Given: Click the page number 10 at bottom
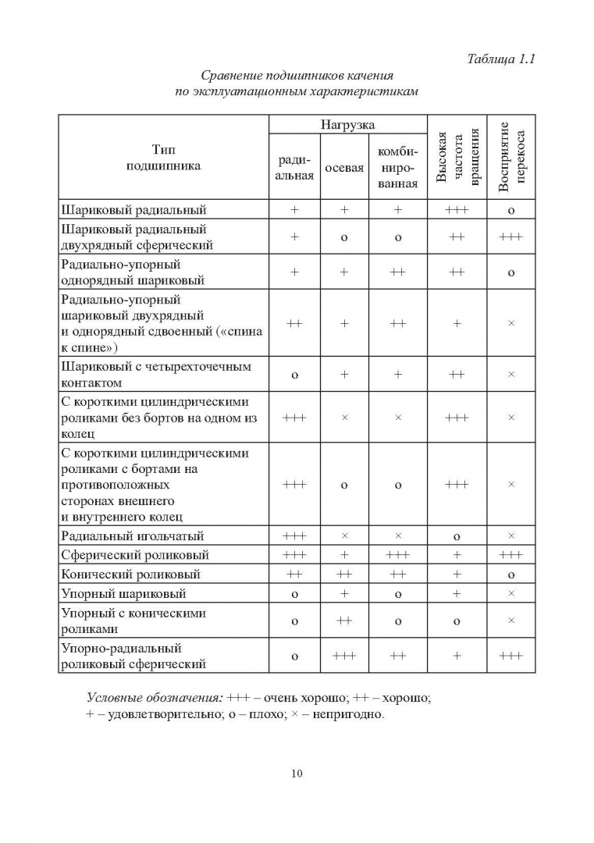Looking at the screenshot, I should pos(297,774).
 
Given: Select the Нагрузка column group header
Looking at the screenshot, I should pos(347,125).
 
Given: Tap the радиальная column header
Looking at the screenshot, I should pos(294,167).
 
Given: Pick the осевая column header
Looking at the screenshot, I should pos(344,168).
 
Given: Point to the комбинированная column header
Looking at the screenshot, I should pos(397,167).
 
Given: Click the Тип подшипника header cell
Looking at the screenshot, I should pos(164,158).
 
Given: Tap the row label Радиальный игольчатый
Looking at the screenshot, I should pos(132,536).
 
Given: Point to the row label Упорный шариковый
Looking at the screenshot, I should pos(123,593).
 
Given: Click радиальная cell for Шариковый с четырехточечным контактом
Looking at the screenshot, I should pos(294,375).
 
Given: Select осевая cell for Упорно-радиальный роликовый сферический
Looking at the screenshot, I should pos(344,656).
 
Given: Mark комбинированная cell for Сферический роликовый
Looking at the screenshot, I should pos(397,555).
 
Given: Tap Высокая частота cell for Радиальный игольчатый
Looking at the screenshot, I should pos(457,536).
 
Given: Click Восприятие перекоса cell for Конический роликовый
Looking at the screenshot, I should pos(511,574).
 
